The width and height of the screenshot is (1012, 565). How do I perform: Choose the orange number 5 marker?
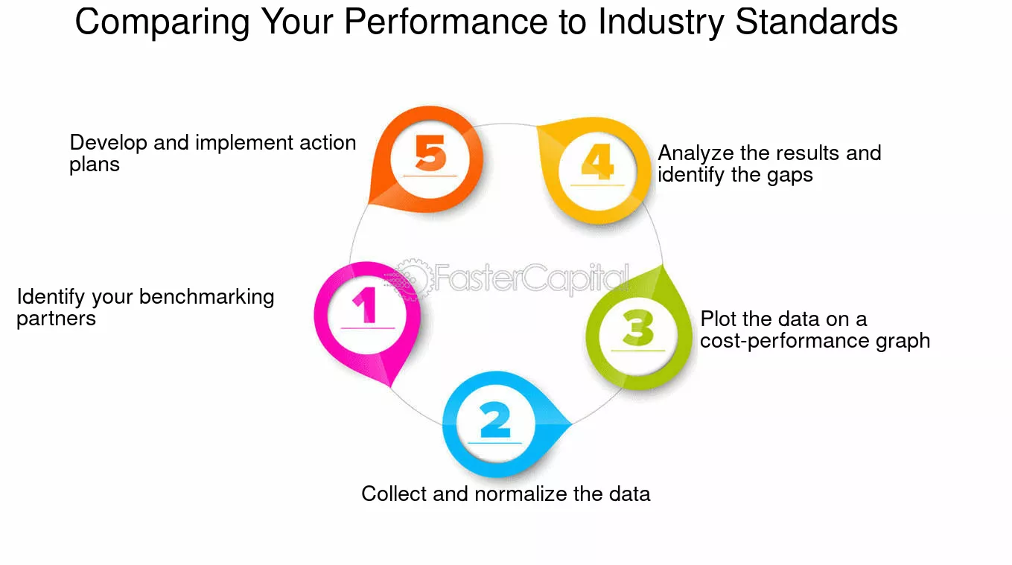click(x=430, y=157)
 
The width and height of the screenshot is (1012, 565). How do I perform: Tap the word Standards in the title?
click(x=816, y=22)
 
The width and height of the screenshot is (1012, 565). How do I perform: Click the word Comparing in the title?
click(x=162, y=22)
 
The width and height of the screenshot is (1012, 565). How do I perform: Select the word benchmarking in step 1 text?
click(x=207, y=297)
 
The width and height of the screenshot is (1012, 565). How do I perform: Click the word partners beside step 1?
click(x=56, y=319)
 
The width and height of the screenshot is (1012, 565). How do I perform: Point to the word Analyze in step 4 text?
click(x=696, y=153)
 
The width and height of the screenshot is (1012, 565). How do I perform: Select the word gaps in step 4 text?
click(x=790, y=176)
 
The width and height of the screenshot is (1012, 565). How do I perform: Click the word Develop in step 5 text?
click(x=109, y=143)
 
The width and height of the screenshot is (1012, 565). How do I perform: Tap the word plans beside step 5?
click(x=95, y=165)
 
